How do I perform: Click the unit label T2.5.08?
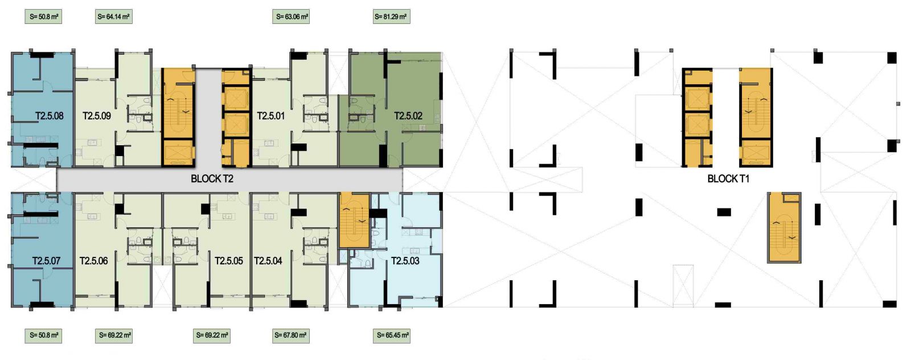pyautogui.click(x=50, y=116)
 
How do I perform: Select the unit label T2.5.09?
pyautogui.click(x=97, y=116)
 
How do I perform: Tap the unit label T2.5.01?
pyautogui.click(x=271, y=116)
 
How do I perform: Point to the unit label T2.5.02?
pyautogui.click(x=408, y=116)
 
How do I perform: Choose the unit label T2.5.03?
pyautogui.click(x=405, y=261)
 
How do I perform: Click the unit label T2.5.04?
pyautogui.click(x=268, y=261)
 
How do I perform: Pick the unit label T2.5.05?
pyautogui.click(x=229, y=261)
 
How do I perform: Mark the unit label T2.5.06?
pyautogui.click(x=93, y=261)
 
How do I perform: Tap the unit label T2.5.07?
pyautogui.click(x=46, y=261)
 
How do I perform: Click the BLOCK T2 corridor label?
pyautogui.click(x=212, y=179)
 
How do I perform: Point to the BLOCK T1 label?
pyautogui.click(x=728, y=179)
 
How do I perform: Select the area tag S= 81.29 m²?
pyautogui.click(x=391, y=17)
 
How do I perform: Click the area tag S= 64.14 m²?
pyautogui.click(x=113, y=17)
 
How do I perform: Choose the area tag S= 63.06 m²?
pyautogui.click(x=291, y=17)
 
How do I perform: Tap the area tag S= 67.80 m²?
pyautogui.click(x=290, y=336)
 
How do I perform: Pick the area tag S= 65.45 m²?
pyautogui.click(x=391, y=336)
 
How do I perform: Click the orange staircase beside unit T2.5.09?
pyautogui.click(x=179, y=117)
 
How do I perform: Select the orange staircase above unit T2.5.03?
pyautogui.click(x=354, y=220)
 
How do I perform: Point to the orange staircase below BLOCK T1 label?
pyautogui.click(x=784, y=227)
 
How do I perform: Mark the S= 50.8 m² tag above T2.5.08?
pyautogui.click(x=43, y=17)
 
